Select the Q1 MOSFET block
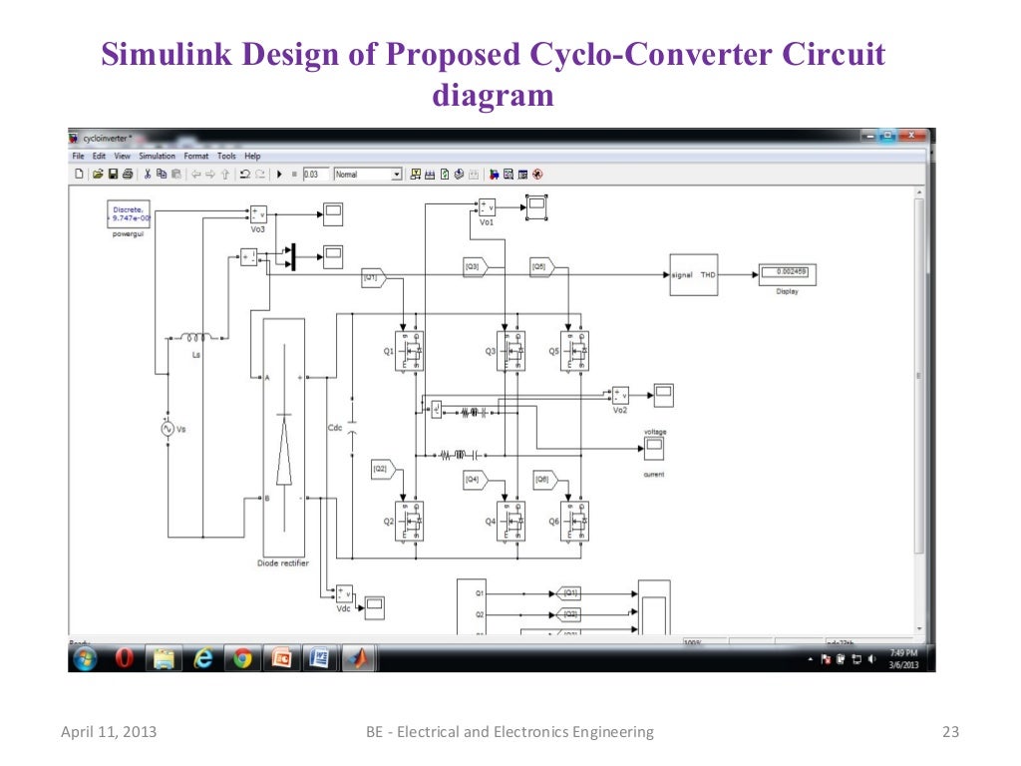click(x=409, y=351)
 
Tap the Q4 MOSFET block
click(x=510, y=521)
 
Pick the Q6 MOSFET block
click(x=573, y=521)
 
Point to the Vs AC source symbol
click(x=168, y=428)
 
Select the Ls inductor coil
click(x=196, y=338)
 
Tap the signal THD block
click(x=694, y=274)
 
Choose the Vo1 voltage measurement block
click(x=486, y=207)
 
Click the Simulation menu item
click(x=157, y=157)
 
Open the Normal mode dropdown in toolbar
click(x=367, y=174)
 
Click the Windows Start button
click(x=85, y=658)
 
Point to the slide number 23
click(x=949, y=732)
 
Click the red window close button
click(x=911, y=137)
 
